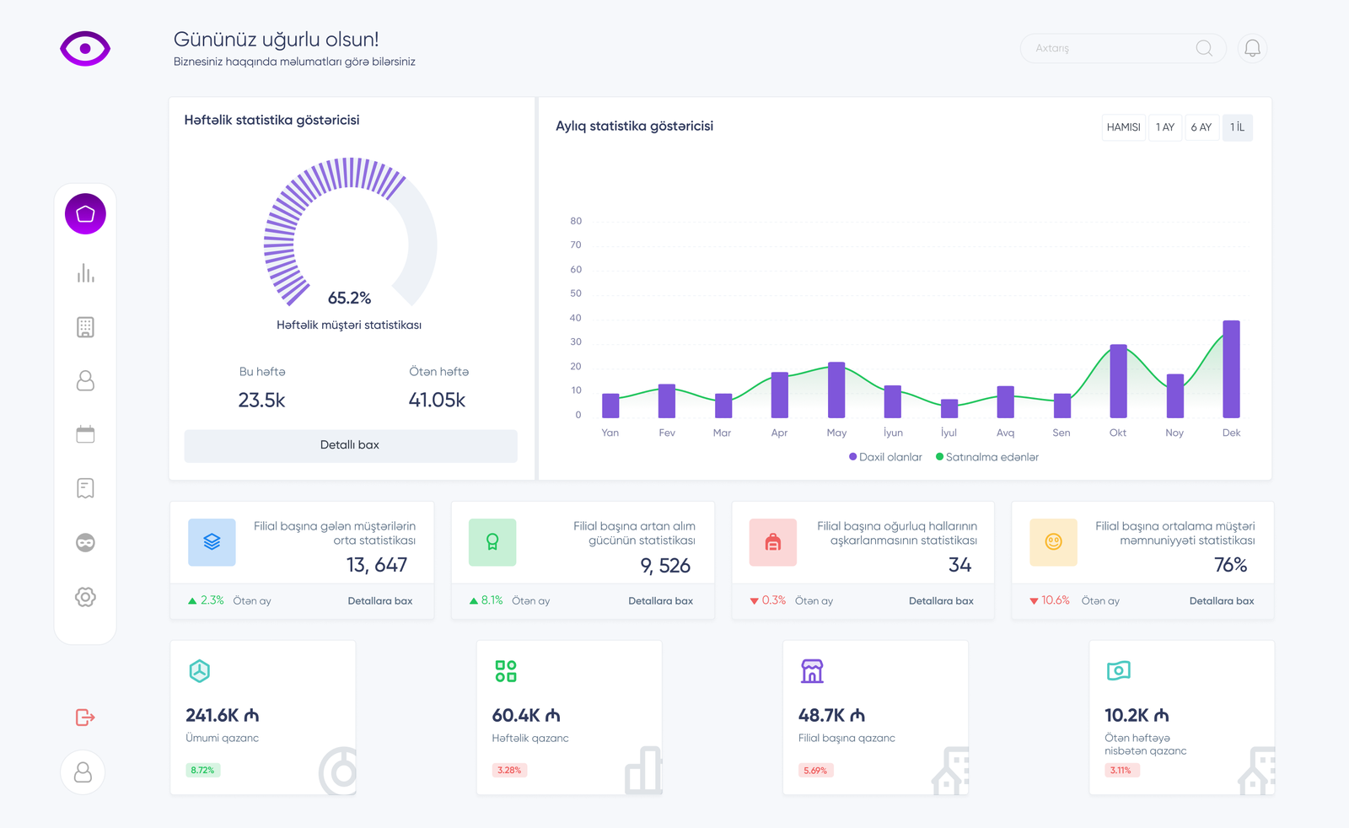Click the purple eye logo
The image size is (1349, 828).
click(x=85, y=49)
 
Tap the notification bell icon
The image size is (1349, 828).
click(x=1252, y=48)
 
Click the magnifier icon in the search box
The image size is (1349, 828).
click(x=1204, y=48)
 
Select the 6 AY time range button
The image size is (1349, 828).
click(x=1201, y=127)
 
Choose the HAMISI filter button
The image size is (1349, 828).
click(x=1123, y=127)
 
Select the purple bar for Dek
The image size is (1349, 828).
click(x=1231, y=369)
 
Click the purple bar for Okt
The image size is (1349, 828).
click(x=1118, y=381)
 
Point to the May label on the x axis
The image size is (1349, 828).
click(x=836, y=433)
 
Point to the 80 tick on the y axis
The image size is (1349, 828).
click(x=576, y=221)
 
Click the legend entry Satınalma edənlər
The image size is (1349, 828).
click(x=992, y=457)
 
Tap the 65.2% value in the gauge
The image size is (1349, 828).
click(x=349, y=298)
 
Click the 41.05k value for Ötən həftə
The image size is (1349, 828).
click(x=437, y=400)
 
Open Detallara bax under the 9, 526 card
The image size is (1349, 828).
click(x=660, y=601)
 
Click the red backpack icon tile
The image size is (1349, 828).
click(x=772, y=542)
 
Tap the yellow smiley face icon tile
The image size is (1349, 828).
click(x=1053, y=542)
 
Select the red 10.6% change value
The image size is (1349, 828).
click(x=1055, y=600)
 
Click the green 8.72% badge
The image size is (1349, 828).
click(x=202, y=770)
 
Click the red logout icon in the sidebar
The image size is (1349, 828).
click(x=85, y=718)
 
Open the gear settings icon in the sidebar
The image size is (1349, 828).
click(x=85, y=597)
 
